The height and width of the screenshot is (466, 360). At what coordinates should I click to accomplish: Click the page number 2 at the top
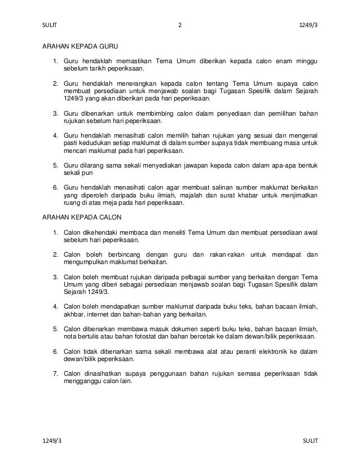[179, 25]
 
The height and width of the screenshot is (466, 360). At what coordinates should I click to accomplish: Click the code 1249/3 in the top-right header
[308, 25]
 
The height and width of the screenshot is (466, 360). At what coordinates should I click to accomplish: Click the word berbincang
[127, 254]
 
